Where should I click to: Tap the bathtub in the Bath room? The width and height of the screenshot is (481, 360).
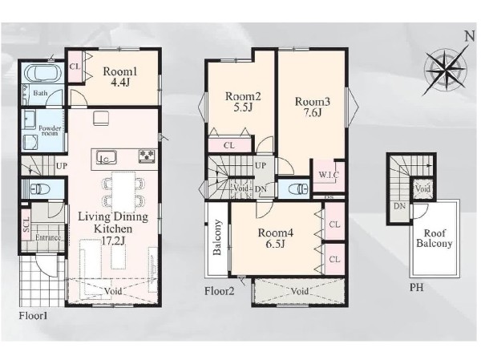click(44, 74)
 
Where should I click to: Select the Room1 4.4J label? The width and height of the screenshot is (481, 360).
click(120, 77)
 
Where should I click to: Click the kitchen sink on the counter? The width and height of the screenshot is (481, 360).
click(106, 157)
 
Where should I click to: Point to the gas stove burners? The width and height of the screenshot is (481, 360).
click(147, 156)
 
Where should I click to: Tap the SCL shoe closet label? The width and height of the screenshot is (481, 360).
click(26, 224)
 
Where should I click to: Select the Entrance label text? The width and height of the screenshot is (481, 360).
click(48, 237)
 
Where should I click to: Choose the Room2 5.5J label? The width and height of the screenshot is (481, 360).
click(243, 102)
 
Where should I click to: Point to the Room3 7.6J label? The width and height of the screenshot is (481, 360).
click(313, 107)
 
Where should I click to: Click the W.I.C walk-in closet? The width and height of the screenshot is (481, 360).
click(329, 176)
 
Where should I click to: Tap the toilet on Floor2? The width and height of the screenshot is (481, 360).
click(299, 188)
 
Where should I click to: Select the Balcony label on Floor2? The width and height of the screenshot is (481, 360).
click(217, 237)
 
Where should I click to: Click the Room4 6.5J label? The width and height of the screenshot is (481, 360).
click(276, 238)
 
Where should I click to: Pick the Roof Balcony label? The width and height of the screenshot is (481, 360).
click(435, 238)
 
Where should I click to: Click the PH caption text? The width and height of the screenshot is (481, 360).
click(417, 288)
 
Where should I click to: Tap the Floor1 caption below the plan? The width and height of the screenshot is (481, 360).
click(33, 315)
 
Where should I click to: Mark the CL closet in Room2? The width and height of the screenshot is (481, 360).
click(229, 145)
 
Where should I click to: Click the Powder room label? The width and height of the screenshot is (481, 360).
click(50, 131)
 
